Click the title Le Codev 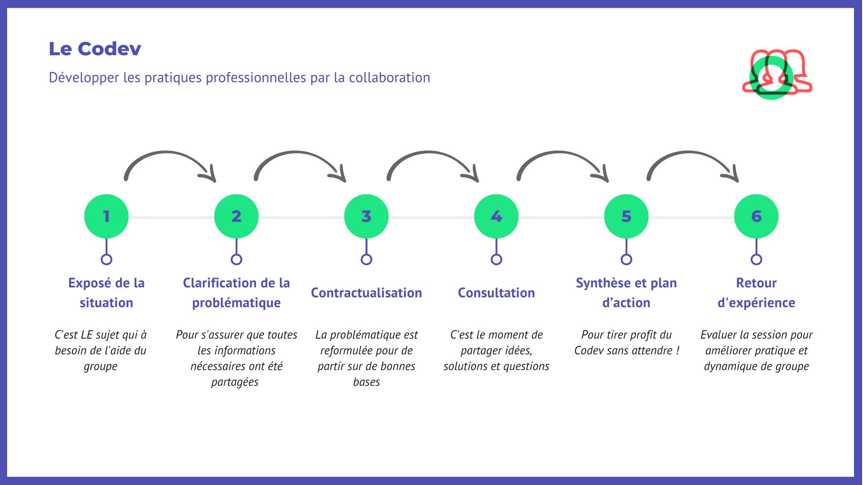pos(95,49)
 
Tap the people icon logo pos(776,73)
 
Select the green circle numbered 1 pos(107,216)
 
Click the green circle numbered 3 pos(366,216)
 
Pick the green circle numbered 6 pos(756,216)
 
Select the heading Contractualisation pos(366,293)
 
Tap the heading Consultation pos(496,293)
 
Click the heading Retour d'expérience pos(756,293)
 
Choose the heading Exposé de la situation pos(107,293)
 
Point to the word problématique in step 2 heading pos(236,303)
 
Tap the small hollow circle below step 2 pos(236,260)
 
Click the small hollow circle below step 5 pos(626,260)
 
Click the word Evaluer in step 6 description pos(718,335)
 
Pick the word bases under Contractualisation pos(366,382)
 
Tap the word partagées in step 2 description pos(235,382)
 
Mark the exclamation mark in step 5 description pos(677,350)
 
